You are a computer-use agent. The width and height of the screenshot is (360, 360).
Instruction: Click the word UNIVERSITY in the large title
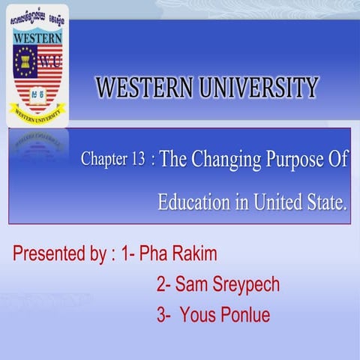pyautogui.click(x=256, y=88)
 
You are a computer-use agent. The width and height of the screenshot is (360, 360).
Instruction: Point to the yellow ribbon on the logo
pyautogui.click(x=37, y=110)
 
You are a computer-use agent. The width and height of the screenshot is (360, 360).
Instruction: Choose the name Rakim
pyautogui.click(x=193, y=253)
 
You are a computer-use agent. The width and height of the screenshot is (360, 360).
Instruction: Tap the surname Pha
pyautogui.click(x=153, y=253)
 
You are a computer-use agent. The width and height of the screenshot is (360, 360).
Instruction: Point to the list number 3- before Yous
pyautogui.click(x=164, y=315)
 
